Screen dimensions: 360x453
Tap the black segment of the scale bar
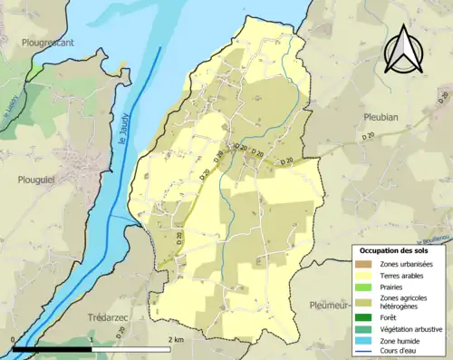(x=53, y=348)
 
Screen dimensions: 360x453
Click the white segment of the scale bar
(x=131, y=348)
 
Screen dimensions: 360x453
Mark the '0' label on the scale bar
(x=13, y=339)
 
